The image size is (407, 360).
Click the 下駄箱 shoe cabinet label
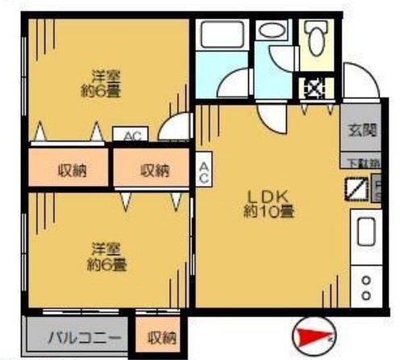[x=360, y=163]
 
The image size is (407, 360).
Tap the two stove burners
[x=367, y=288]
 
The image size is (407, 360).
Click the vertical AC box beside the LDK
[x=204, y=169]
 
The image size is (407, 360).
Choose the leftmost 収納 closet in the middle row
[x=70, y=170]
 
